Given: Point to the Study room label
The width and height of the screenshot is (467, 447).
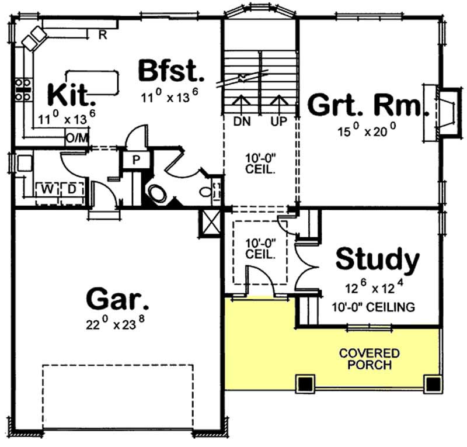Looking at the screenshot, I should pos(378,260).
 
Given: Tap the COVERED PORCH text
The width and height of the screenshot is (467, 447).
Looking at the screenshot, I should pos(370,359).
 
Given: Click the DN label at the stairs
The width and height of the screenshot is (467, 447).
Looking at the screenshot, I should pos(241,122).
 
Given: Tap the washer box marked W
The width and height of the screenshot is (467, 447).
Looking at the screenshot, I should pos(46,189).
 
